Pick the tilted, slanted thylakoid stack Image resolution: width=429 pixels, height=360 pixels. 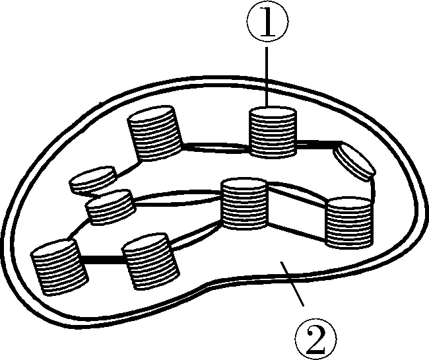click(354, 162)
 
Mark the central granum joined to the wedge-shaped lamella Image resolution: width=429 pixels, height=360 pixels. click(244, 205)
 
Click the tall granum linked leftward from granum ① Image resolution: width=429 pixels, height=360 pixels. click(154, 135)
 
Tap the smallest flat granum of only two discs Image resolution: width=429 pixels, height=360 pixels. click(93, 180)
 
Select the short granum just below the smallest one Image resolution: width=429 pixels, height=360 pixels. click(112, 207)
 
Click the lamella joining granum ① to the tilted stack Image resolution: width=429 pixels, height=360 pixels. click(316, 143)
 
